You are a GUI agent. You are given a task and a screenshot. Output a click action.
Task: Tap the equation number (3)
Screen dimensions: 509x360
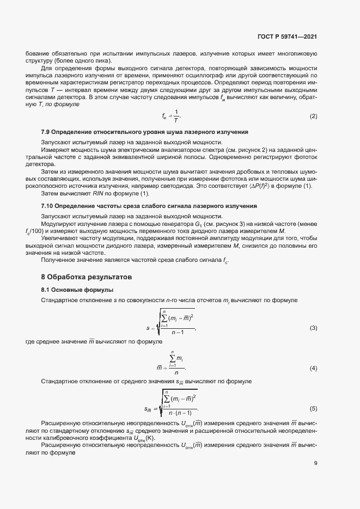[313, 328]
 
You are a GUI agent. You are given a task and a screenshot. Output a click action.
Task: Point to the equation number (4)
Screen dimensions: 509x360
[313, 369]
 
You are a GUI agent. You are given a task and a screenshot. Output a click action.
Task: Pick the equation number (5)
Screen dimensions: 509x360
[313, 408]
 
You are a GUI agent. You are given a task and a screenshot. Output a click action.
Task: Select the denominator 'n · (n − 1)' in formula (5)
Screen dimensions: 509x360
[178, 413]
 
